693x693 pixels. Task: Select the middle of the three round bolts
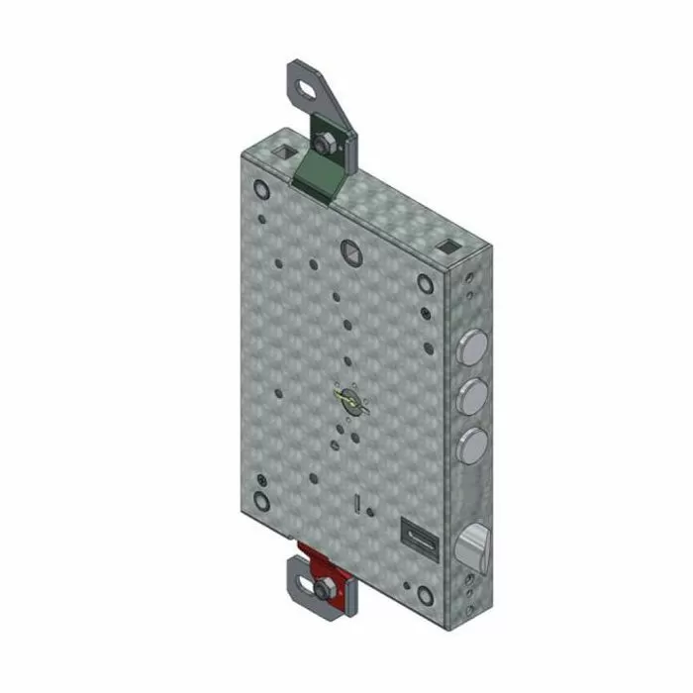(474, 392)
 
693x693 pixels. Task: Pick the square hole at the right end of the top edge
(448, 244)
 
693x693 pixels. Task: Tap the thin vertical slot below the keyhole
(354, 502)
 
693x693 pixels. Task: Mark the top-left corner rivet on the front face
(261, 189)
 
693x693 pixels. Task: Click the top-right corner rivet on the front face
(426, 284)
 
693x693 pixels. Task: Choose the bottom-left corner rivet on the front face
(261, 500)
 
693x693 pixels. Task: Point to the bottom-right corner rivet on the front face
(426, 596)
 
